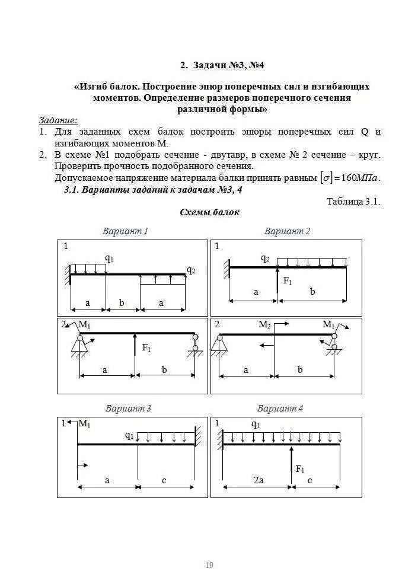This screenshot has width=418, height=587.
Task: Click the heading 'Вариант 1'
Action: [x=125, y=231]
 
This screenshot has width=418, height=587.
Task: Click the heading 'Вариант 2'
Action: [x=287, y=231]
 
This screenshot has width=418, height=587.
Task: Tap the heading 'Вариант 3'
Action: [x=128, y=409]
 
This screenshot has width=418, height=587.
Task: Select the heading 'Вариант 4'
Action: [x=280, y=409]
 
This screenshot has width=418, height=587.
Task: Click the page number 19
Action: [x=209, y=565]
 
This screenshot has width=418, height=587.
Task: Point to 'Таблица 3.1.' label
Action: [x=353, y=202]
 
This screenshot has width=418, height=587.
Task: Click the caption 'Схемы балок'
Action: [x=209, y=212]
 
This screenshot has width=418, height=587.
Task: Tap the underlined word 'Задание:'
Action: [x=59, y=120]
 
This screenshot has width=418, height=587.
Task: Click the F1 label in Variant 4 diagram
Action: [x=300, y=470]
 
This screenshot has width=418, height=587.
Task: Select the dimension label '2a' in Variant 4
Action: [x=258, y=480]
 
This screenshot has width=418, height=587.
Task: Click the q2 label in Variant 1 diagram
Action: [x=191, y=270]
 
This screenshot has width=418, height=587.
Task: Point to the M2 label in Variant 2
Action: [x=265, y=325]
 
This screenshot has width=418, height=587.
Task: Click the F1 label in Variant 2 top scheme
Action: [x=288, y=280]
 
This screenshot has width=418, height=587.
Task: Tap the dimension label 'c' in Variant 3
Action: [x=164, y=480]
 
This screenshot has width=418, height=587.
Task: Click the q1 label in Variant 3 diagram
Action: [x=129, y=435]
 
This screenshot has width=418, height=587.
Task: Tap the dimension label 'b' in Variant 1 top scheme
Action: [x=122, y=303]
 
